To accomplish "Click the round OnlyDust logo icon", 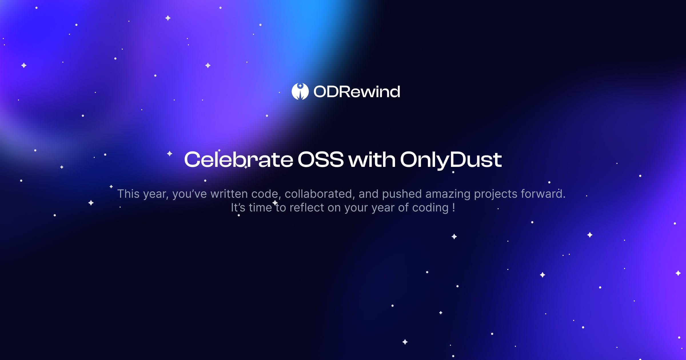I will [x=300, y=91].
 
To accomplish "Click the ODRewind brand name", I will [x=357, y=92].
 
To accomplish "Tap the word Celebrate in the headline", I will [x=238, y=159].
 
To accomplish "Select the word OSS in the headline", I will [x=320, y=159].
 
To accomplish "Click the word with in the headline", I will [x=372, y=159].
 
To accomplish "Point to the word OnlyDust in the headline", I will [x=451, y=159].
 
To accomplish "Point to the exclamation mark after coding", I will [x=454, y=207].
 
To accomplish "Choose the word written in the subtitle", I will [x=229, y=194].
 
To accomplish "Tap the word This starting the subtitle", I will [x=128, y=194].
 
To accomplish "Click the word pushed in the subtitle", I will [x=402, y=194].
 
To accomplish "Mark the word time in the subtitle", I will [x=260, y=208].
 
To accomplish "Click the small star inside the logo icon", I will [x=300, y=86].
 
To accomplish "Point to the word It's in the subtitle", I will [x=238, y=208].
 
